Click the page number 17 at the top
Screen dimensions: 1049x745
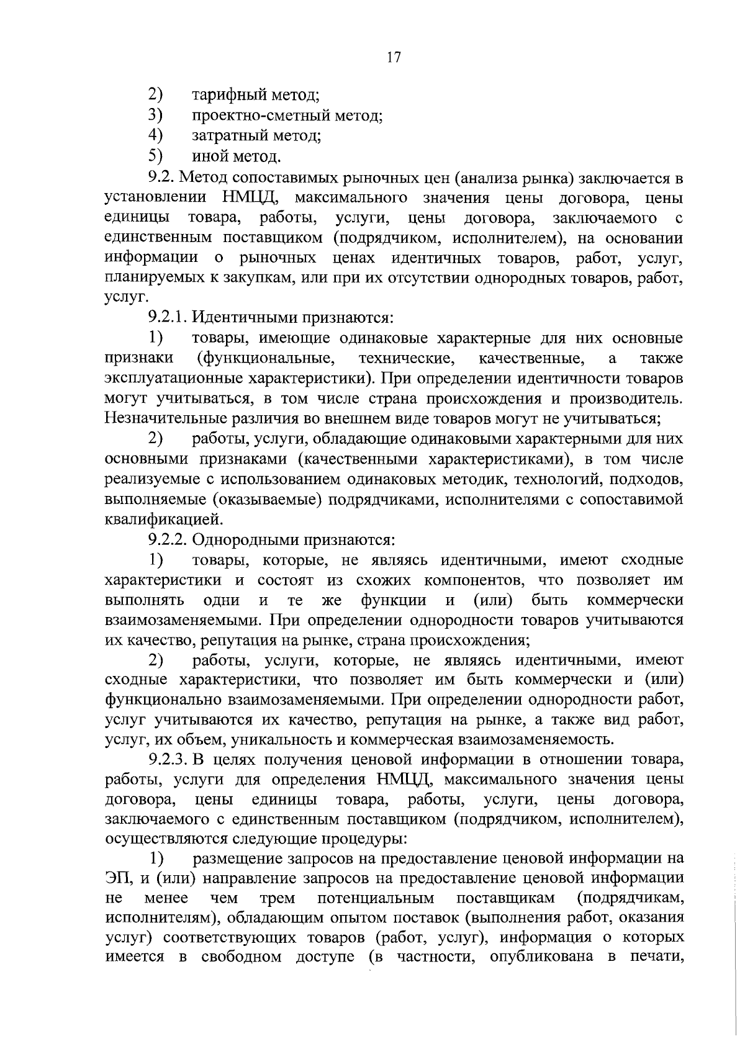pos(394,58)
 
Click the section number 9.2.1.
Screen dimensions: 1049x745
pos(168,318)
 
